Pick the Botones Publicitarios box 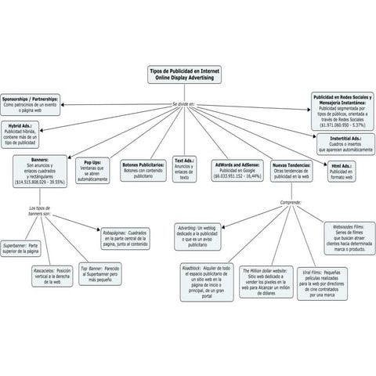click(143, 171)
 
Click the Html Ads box click(342, 170)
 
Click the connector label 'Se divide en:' click(185, 103)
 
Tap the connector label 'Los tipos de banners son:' click(40, 212)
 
